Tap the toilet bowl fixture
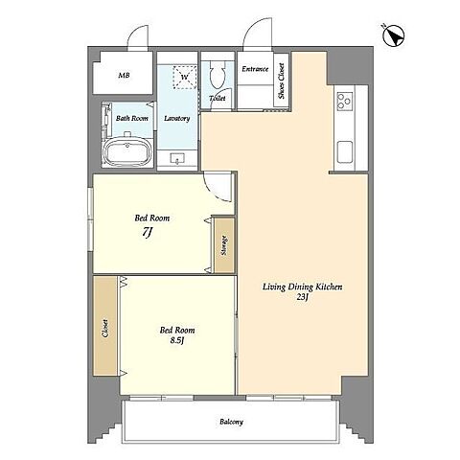coord(218,75)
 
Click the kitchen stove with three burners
coord(345,102)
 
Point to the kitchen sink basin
coord(345,152)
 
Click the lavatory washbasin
coord(177,158)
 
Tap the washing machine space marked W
coord(184,77)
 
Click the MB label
coord(124,76)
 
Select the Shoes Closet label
coord(281,80)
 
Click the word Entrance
coord(255,69)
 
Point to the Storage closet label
coord(224,245)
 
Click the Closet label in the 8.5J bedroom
coord(104,329)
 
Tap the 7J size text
coord(147,233)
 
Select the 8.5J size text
coord(177,341)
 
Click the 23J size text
coord(302,297)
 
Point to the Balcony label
coord(231,422)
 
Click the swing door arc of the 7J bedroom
coord(214,192)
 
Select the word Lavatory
coord(177,119)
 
